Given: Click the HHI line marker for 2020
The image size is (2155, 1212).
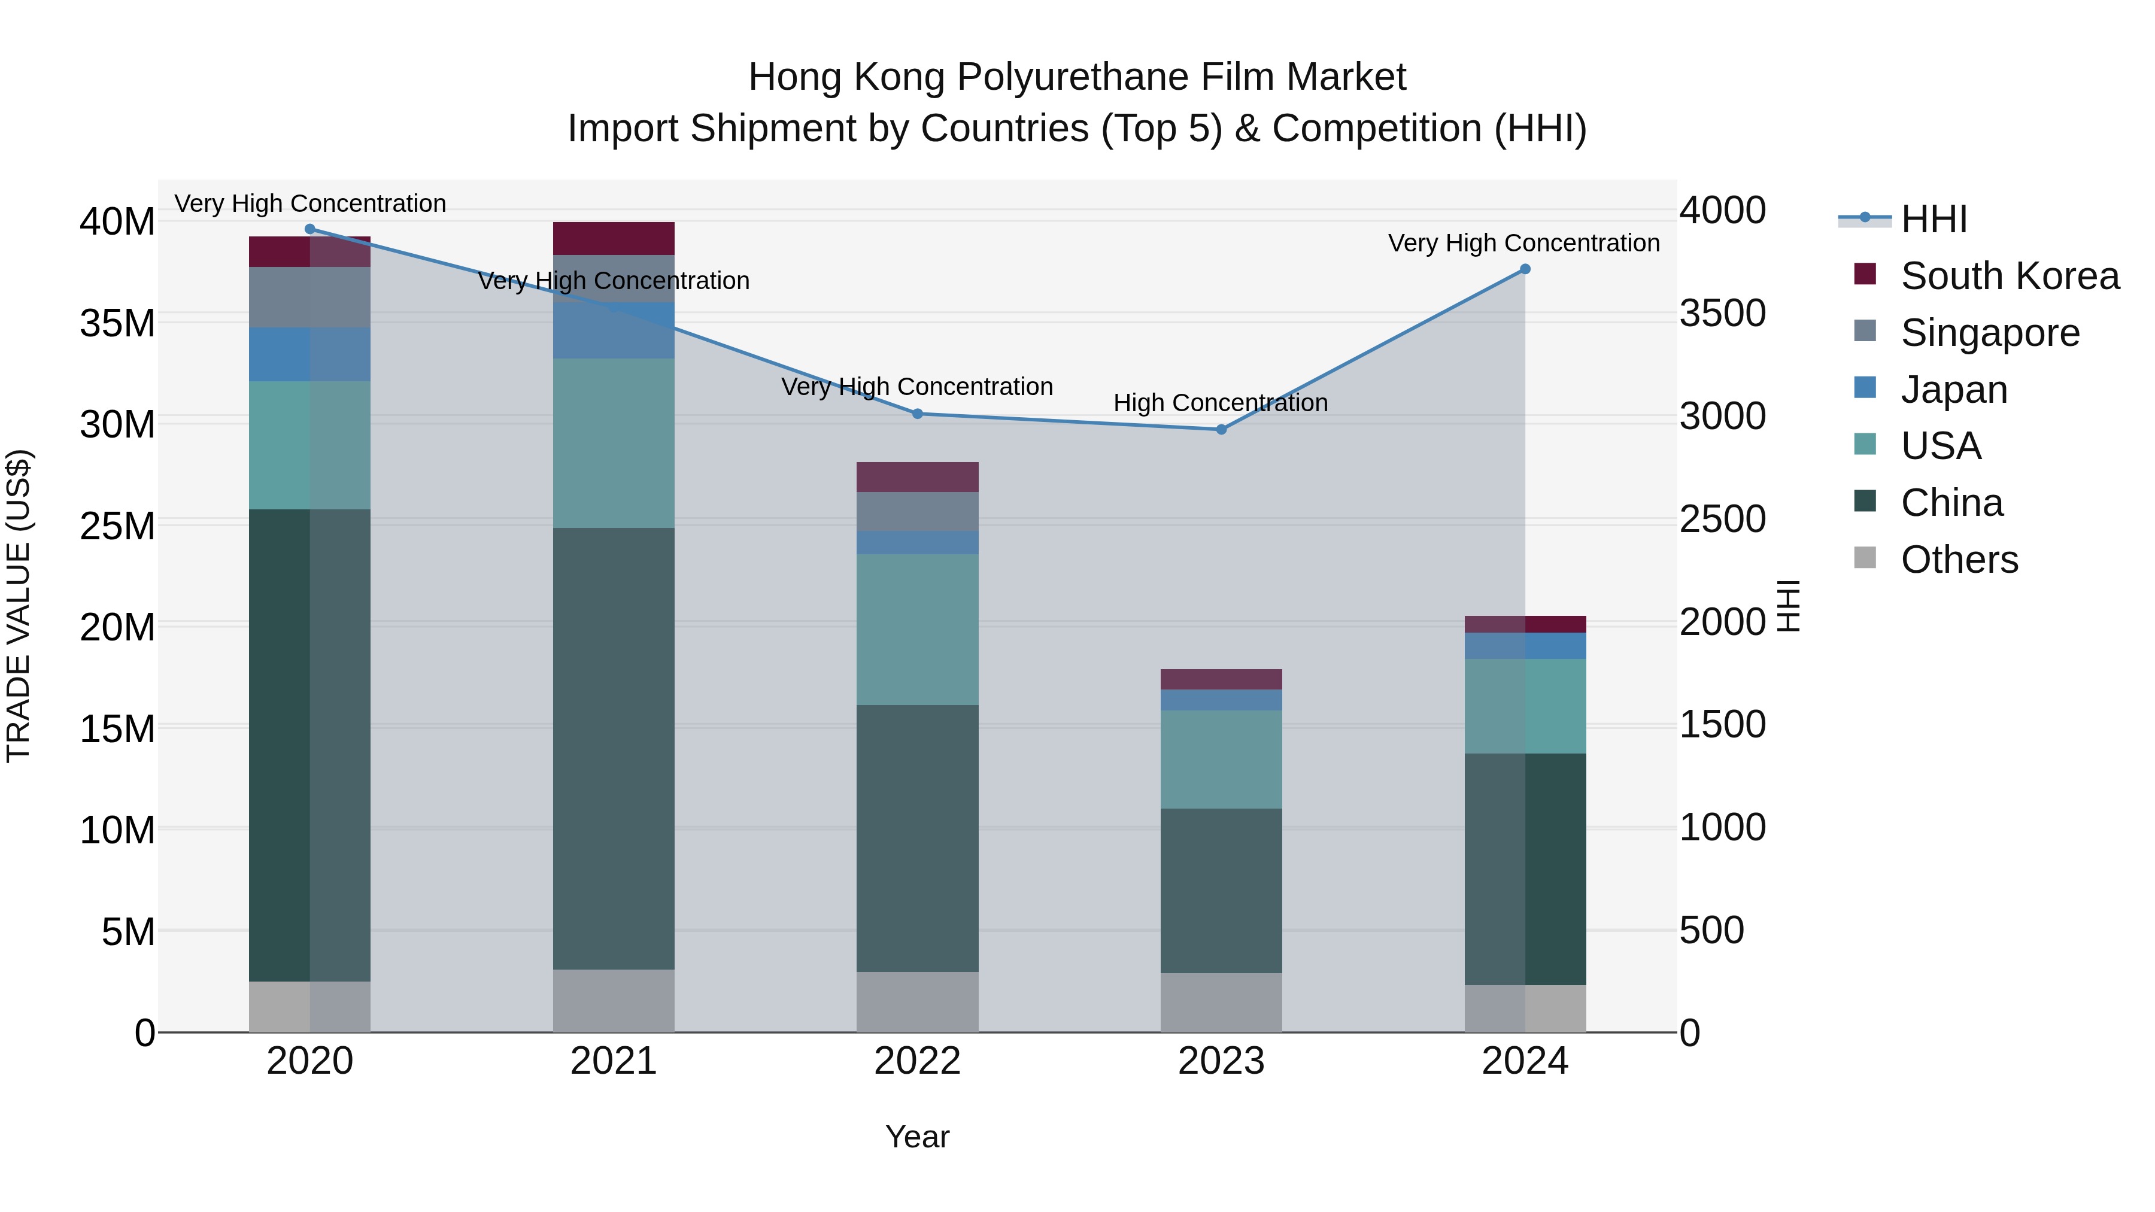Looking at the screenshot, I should click(309, 229).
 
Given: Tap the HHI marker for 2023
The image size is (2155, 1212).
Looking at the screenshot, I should click(1221, 430).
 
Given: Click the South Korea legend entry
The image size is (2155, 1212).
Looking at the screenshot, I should click(2010, 276).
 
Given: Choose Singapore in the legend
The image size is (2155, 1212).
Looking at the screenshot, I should click(1989, 333).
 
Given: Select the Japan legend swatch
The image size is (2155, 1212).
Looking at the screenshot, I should click(1865, 388).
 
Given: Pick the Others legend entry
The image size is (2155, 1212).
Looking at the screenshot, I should click(1959, 560).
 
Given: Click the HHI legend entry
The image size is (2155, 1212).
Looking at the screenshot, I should click(1934, 219).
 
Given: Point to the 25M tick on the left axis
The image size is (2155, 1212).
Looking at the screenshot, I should click(117, 526).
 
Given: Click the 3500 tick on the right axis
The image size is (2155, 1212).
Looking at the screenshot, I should click(1722, 314).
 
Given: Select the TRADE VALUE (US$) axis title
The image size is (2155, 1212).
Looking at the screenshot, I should click(19, 606).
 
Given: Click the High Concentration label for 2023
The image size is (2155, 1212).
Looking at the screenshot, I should click(1221, 403).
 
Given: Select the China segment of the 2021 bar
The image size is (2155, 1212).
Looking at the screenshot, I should click(613, 749).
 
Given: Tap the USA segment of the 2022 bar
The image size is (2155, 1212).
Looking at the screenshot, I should click(917, 629).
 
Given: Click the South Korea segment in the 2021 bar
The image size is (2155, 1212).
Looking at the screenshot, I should click(613, 238).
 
